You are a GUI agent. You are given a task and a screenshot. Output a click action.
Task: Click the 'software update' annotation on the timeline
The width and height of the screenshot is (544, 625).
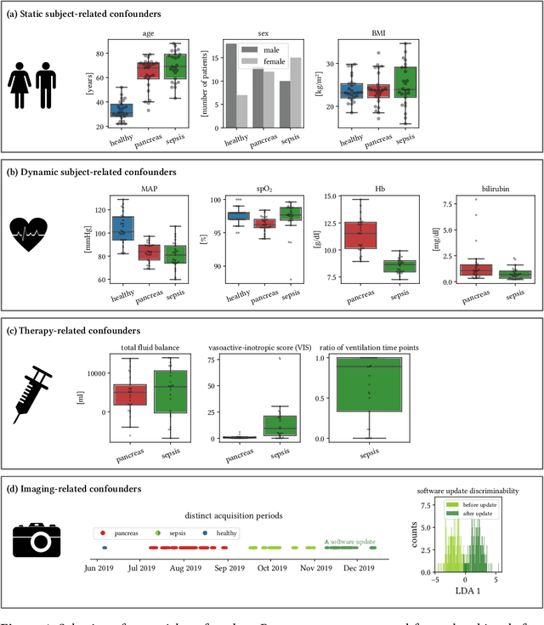(350, 540)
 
